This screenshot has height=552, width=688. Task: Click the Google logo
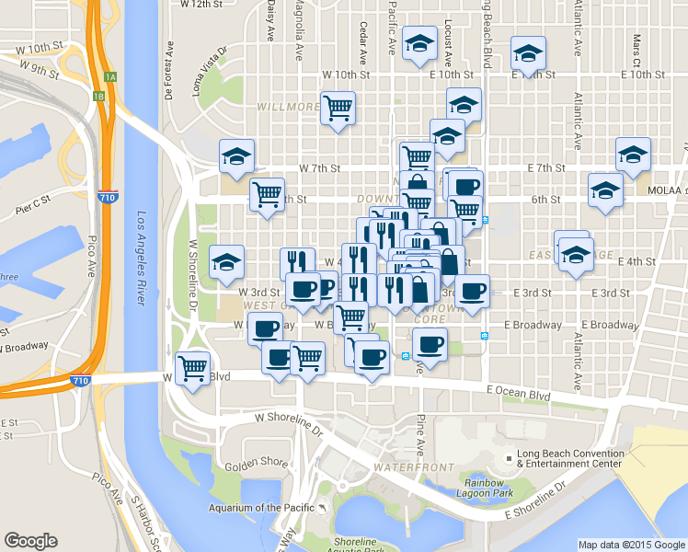30,542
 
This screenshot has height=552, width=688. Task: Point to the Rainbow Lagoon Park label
488,489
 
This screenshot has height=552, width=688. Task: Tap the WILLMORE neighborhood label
288,107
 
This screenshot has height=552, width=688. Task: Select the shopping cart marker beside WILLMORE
338,109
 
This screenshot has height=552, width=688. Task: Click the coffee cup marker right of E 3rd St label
473,293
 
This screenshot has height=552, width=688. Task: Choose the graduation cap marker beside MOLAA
605,190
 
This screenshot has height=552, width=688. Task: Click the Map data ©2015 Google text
631,545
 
